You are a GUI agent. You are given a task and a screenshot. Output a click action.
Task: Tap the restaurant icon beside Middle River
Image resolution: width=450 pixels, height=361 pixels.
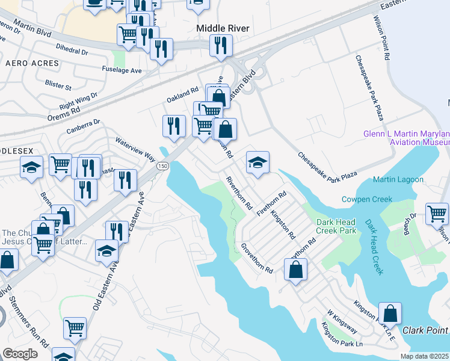[x=221, y=45]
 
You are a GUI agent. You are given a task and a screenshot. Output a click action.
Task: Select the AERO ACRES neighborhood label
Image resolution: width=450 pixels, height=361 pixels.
[x=32, y=63]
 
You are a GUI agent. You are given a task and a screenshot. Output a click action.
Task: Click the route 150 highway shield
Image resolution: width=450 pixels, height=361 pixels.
[x=162, y=166]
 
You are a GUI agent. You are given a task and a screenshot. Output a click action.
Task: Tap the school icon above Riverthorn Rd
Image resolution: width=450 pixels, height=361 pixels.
[x=257, y=162]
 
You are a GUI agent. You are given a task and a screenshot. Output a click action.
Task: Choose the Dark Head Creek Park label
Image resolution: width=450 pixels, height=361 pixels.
[x=337, y=226]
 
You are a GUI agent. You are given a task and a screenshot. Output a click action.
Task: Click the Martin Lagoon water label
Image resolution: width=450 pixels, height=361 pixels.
[x=398, y=179]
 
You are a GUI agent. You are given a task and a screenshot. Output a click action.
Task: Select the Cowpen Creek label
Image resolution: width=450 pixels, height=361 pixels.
[x=367, y=199]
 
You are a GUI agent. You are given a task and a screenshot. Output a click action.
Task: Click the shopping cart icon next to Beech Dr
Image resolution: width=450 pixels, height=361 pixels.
[x=437, y=214]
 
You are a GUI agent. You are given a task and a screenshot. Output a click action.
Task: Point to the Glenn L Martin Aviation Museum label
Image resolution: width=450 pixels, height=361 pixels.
[x=407, y=138]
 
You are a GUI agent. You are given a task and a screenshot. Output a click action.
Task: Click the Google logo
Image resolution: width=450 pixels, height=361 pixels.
[x=20, y=353]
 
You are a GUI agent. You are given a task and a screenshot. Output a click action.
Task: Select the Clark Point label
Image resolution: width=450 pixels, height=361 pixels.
[x=425, y=330]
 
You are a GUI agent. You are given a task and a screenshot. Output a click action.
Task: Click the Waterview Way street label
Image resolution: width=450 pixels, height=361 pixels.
[x=135, y=148]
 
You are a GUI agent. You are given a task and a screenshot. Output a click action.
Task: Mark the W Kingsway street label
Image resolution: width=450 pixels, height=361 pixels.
[x=342, y=322]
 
